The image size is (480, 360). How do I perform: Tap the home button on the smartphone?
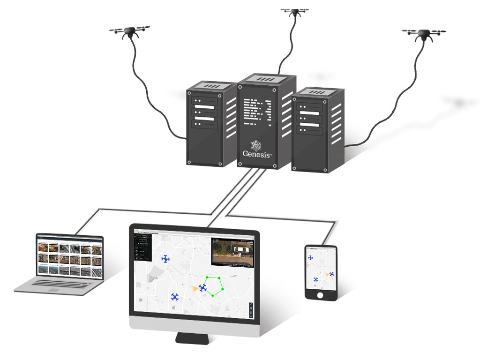pos(321,295)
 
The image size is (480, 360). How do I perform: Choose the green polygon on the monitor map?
pos(215,285)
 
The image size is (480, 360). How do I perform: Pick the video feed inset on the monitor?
pos(232,251)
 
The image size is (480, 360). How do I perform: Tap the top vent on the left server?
pos(212,86)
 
